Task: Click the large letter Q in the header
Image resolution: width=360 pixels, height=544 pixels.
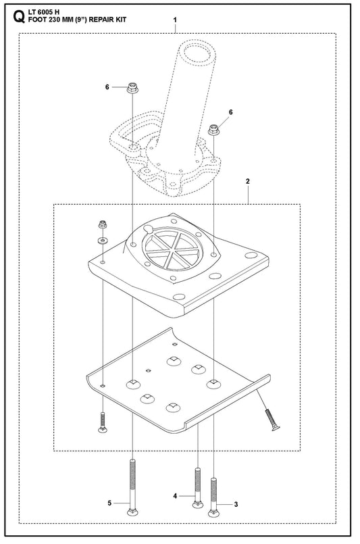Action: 19,17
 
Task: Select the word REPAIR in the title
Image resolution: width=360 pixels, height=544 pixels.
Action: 101,20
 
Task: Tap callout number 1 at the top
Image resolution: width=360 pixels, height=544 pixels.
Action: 175,20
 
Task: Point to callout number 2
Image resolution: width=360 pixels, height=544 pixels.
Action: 248,182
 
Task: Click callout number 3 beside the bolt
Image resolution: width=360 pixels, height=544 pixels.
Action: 236,504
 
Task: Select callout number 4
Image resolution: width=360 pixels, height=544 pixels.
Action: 175,496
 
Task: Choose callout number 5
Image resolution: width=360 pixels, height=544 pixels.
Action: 109,503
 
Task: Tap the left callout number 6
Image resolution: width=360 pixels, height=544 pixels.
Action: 107,87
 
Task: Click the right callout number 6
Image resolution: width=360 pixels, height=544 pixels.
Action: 230,112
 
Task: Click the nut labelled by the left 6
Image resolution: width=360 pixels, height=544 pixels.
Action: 132,87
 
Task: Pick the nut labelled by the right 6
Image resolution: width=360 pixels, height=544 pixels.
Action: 213,130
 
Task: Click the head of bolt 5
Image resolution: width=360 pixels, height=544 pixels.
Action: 132,512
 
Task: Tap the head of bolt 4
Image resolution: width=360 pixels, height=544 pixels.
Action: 198,504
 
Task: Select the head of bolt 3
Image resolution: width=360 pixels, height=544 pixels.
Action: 213,513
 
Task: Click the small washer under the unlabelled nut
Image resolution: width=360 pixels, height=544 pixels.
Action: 102,240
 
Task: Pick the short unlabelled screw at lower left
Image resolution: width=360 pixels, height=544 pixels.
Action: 102,422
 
